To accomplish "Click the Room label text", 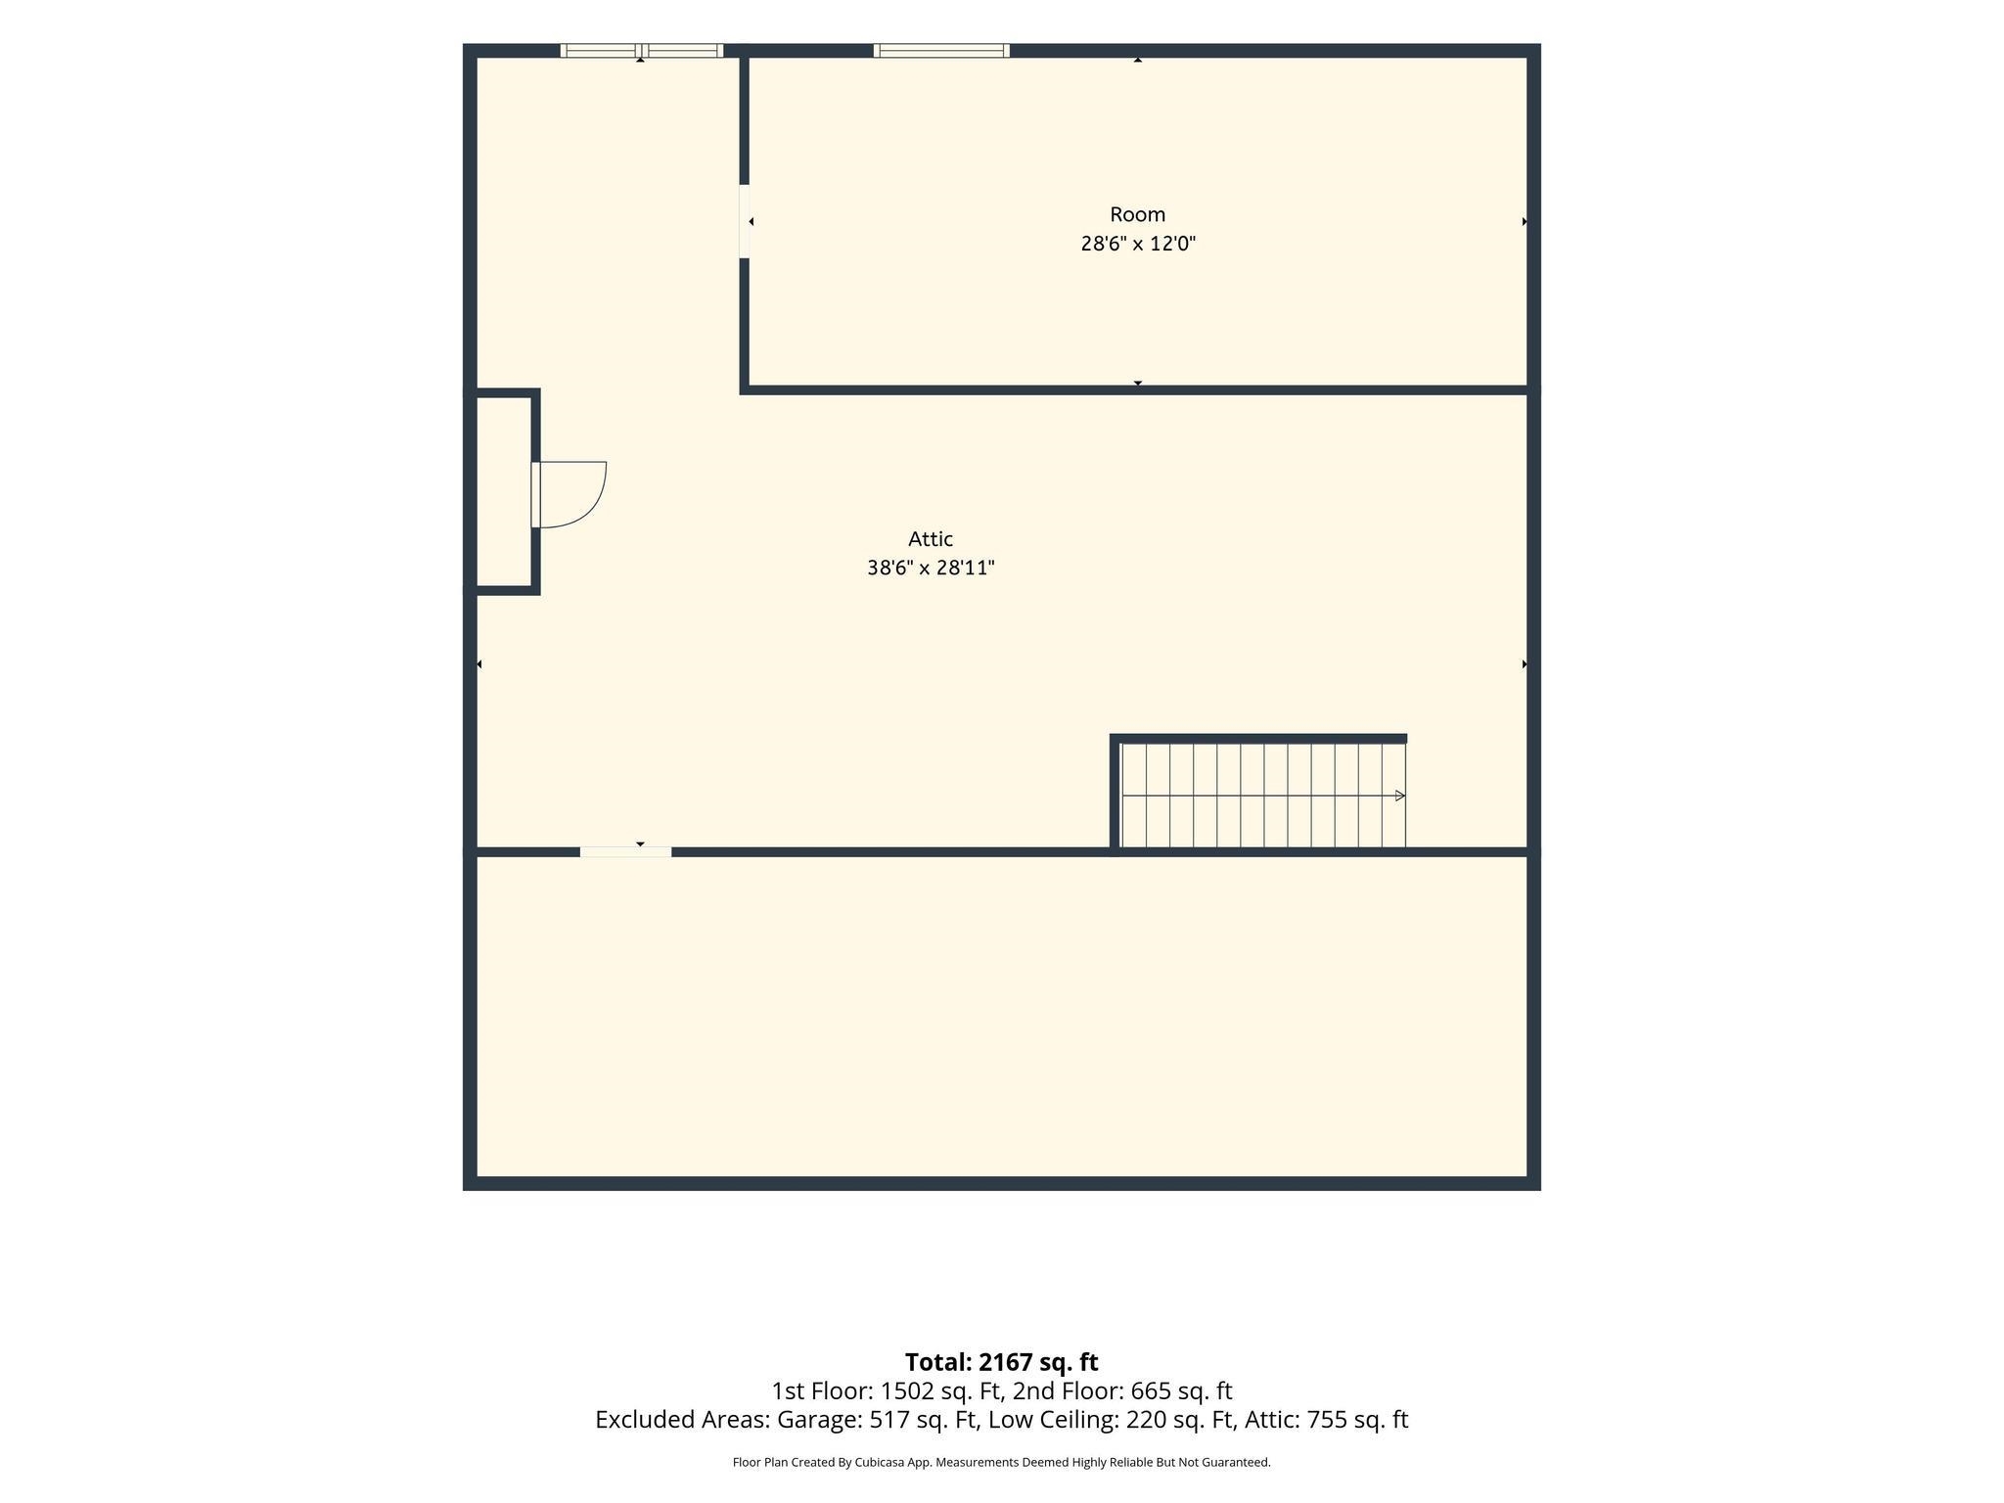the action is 1137,214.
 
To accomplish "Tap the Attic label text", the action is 931,539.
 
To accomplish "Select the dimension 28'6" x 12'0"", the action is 1138,244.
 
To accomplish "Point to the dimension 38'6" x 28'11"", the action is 931,568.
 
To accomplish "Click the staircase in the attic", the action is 1263,796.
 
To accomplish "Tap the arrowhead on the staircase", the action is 1400,796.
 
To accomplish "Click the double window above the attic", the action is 642,51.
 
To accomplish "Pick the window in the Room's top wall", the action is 941,51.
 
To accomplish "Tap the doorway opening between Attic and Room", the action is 745,221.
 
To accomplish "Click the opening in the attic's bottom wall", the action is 626,852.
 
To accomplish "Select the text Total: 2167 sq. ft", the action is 1001,1362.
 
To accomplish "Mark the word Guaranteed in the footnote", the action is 1238,1463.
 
